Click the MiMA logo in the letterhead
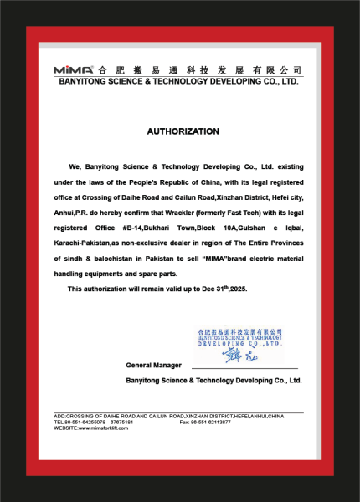point(74,70)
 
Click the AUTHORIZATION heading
point(183,131)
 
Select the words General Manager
point(153,366)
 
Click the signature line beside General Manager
point(244,367)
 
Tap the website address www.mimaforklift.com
point(110,428)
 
